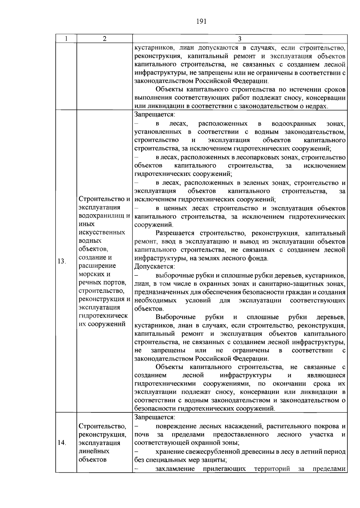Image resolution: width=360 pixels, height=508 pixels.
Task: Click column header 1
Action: pos(66,39)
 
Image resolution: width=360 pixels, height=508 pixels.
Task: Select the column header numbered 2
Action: pos(104,39)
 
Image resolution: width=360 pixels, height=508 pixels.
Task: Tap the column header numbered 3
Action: pos(240,39)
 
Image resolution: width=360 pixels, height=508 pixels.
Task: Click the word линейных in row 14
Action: pos(94,451)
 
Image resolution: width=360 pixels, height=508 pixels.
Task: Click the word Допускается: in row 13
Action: pos(154,266)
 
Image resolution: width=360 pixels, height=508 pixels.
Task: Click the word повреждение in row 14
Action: pos(174,426)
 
